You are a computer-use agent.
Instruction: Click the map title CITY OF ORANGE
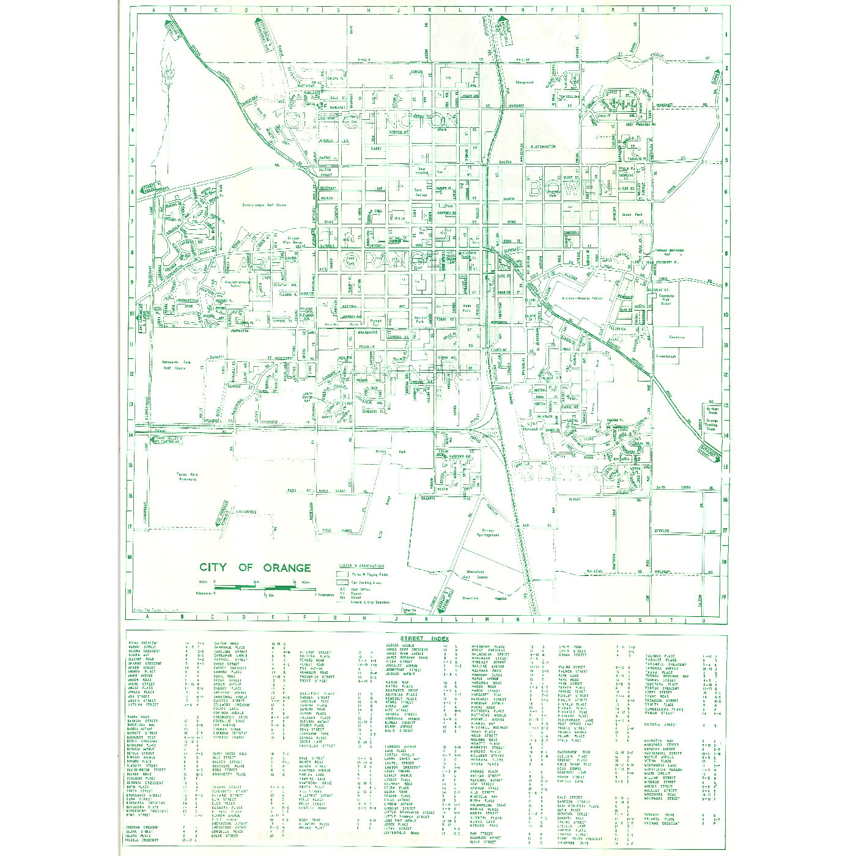pyautogui.click(x=255, y=567)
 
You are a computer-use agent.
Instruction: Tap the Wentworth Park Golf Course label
pyautogui.click(x=176, y=366)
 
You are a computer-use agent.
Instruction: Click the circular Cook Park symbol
pyautogui.click(x=351, y=259)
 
